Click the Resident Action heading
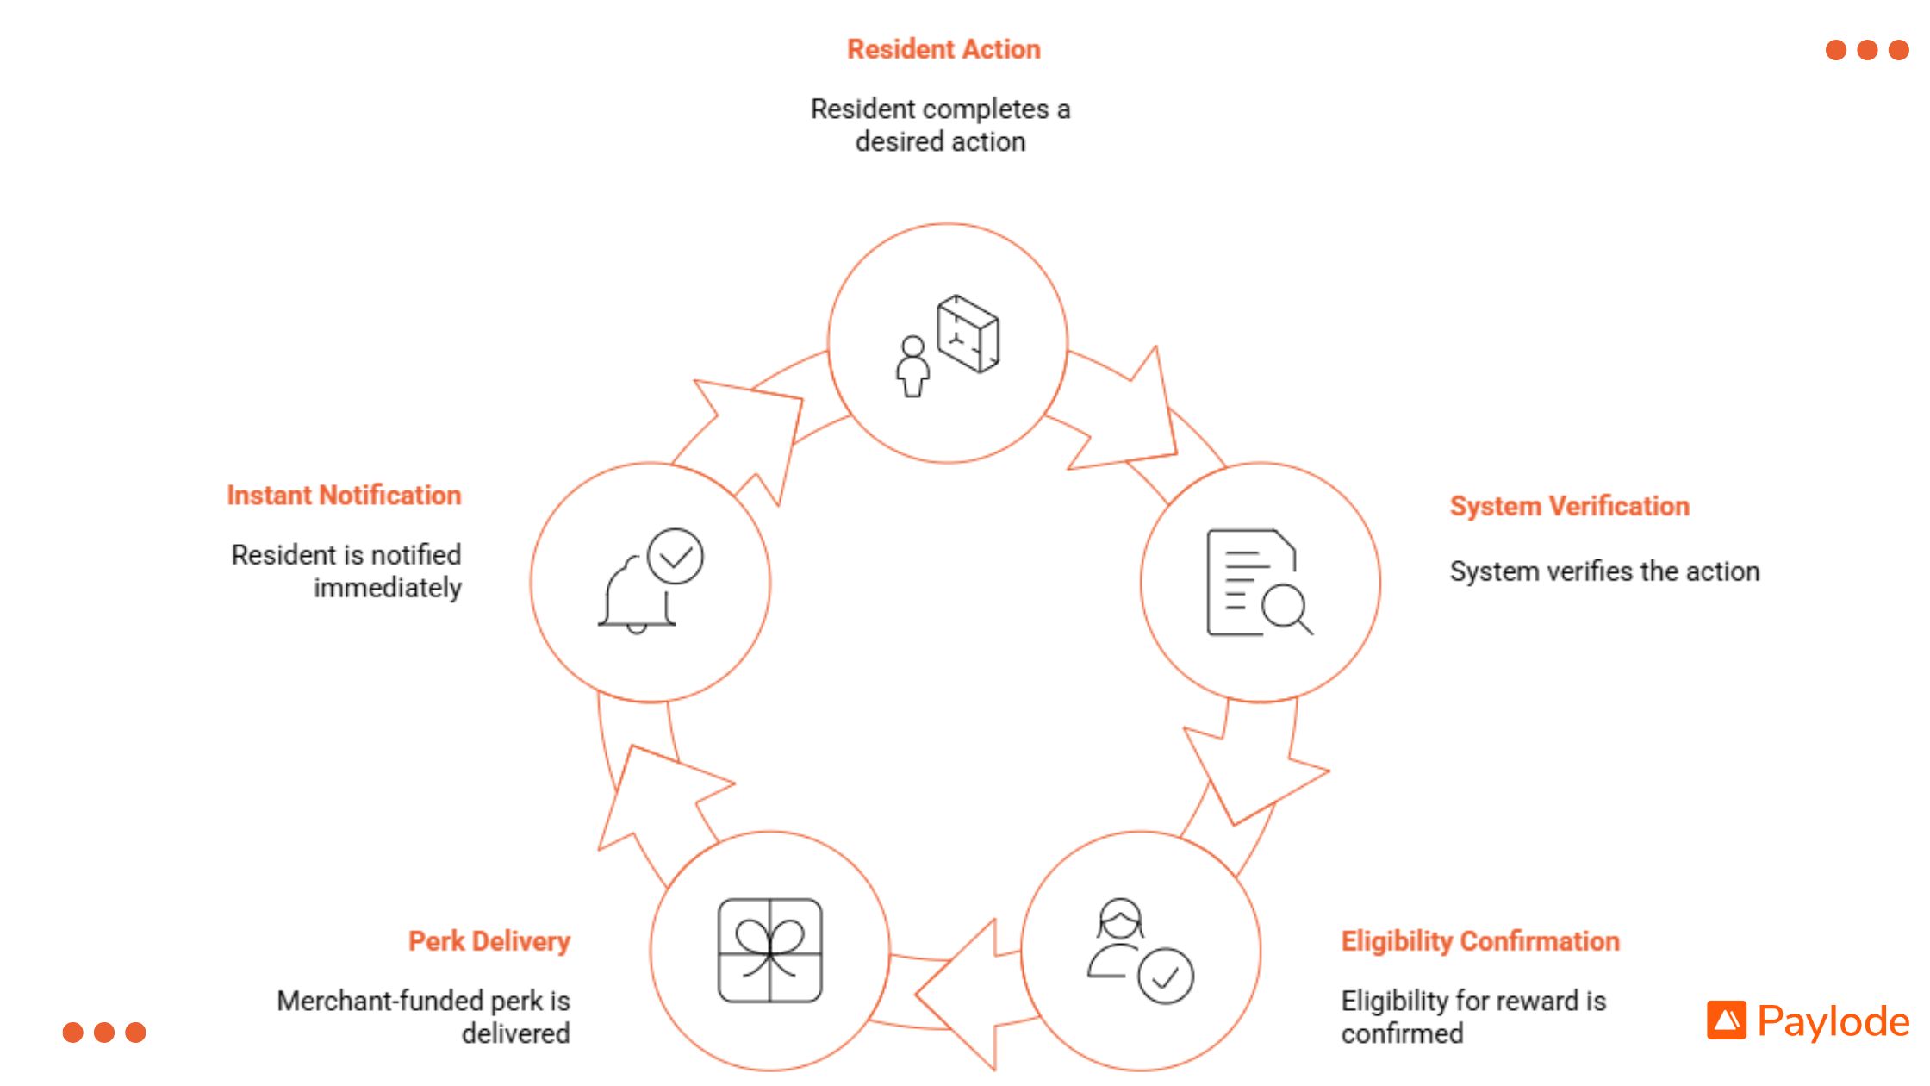click(x=943, y=49)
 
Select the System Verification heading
click(x=1569, y=506)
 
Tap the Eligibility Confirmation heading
click(x=1480, y=941)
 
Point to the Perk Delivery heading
click(x=489, y=941)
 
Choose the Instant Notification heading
click(x=344, y=496)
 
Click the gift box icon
click(x=769, y=951)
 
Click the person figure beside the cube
click(x=912, y=367)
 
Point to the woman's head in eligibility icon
click(x=1120, y=920)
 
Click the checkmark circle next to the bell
click(x=675, y=557)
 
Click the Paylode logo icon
click(x=1726, y=1020)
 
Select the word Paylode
click(x=1833, y=1021)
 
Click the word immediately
click(x=388, y=588)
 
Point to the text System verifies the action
click(x=1604, y=571)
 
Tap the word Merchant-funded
click(x=380, y=1001)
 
